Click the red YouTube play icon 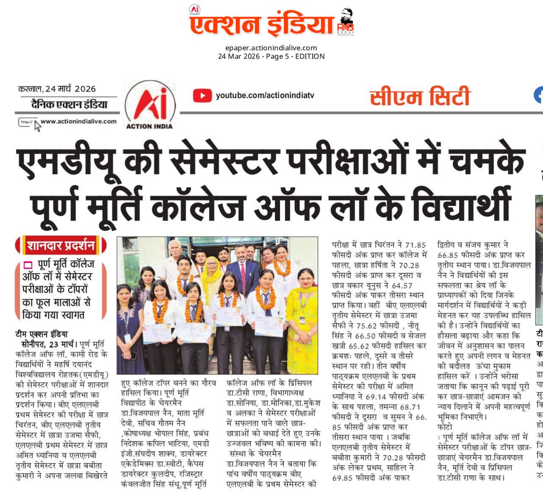pyautogui.click(x=202, y=95)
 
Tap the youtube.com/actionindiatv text pyautogui.click(x=265, y=95)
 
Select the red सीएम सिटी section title pyautogui.click(x=420, y=97)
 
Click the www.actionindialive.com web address pyautogui.click(x=78, y=121)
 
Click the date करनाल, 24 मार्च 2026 pyautogui.click(x=57, y=89)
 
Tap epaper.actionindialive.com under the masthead pyautogui.click(x=271, y=48)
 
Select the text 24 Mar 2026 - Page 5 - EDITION pyautogui.click(x=271, y=56)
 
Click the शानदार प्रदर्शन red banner pyautogui.click(x=61, y=245)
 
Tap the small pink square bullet pyautogui.click(x=28, y=265)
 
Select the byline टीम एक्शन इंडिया pyautogui.click(x=41, y=334)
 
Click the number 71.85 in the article pyautogui.click(x=415, y=245)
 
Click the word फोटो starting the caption pyautogui.click(x=445, y=427)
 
